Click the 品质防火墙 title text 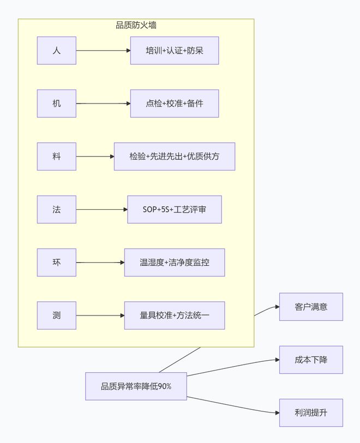[x=136, y=25]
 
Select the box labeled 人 [x=57, y=51]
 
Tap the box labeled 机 [x=57, y=104]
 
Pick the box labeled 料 [x=57, y=156]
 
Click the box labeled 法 [x=57, y=209]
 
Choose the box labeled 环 [x=57, y=262]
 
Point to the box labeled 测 [x=57, y=315]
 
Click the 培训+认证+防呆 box [x=175, y=51]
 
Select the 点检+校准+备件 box [x=175, y=104]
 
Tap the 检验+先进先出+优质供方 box [x=175, y=156]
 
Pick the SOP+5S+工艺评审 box [x=175, y=209]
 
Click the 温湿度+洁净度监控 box [x=175, y=262]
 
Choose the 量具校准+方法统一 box [x=175, y=315]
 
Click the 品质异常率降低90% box [x=136, y=386]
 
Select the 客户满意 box [x=311, y=307]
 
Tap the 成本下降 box [x=311, y=360]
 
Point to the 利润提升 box [x=311, y=412]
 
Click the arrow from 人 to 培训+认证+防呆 [x=103, y=51]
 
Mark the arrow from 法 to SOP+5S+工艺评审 [x=101, y=209]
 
